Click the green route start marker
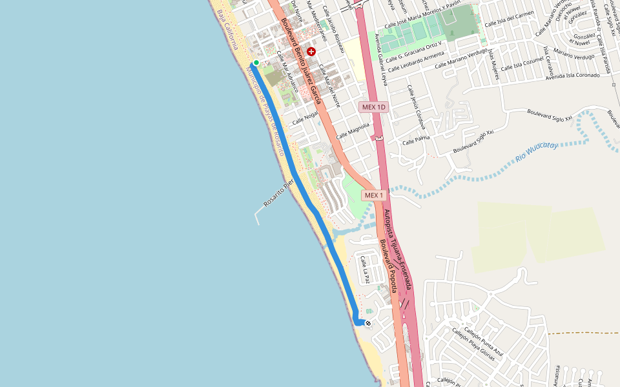pos(256,63)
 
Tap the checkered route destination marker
pos(368,323)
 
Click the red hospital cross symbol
pos(311,51)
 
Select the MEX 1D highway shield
pos(373,107)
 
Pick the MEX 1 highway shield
pos(373,195)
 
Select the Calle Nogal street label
pos(306,118)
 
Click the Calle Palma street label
pos(416,140)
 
